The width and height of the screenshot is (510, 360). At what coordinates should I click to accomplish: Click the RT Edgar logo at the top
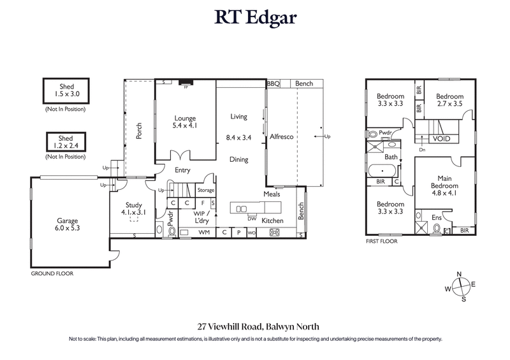[255, 18]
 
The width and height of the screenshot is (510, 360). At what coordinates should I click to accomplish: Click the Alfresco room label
[281, 137]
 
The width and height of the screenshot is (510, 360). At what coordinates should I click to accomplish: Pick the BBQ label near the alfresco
[273, 83]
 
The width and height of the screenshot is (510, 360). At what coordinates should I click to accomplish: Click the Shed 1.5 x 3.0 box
[64, 91]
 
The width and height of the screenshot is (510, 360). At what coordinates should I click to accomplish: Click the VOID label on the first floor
[442, 138]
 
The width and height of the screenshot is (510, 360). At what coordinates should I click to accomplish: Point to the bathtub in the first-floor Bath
[382, 171]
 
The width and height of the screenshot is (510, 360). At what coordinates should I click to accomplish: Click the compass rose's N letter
[458, 274]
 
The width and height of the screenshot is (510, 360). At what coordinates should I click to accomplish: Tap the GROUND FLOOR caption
[52, 273]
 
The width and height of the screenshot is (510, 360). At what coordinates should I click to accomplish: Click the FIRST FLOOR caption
[382, 241]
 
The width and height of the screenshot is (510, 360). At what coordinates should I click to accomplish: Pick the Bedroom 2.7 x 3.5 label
[449, 100]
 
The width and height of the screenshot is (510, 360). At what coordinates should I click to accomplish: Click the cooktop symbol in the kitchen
[275, 233]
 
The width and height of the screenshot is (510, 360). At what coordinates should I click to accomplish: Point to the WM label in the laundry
[204, 233]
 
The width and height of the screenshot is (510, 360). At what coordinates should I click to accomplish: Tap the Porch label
[140, 131]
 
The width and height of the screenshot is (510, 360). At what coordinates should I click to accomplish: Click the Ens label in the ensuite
[437, 218]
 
